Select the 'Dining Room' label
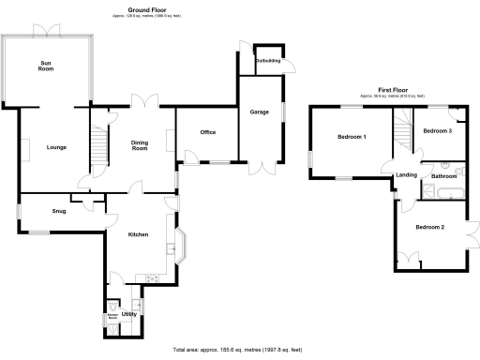(x=140, y=145)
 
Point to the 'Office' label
(x=207, y=132)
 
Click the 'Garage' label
(x=259, y=112)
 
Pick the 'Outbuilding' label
(x=267, y=61)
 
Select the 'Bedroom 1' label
(x=352, y=138)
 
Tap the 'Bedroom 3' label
(x=437, y=131)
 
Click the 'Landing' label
(x=407, y=175)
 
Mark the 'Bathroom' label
(x=443, y=175)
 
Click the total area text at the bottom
(x=240, y=348)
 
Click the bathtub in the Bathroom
(x=442, y=194)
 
